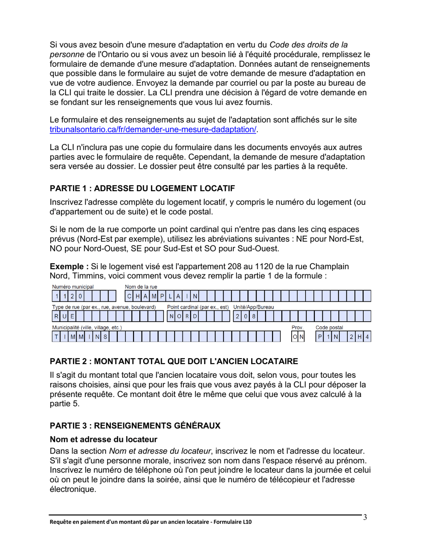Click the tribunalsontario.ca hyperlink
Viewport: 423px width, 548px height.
click(154, 130)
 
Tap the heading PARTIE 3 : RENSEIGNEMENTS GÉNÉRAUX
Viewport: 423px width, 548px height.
click(135, 425)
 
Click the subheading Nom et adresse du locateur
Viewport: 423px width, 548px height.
click(103, 440)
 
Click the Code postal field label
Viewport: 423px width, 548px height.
click(329, 327)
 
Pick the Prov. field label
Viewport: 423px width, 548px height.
click(297, 327)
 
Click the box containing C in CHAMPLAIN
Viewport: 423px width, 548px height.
click(129, 296)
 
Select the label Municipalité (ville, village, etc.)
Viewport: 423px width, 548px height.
click(87, 327)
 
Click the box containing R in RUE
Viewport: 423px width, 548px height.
click(57, 317)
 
